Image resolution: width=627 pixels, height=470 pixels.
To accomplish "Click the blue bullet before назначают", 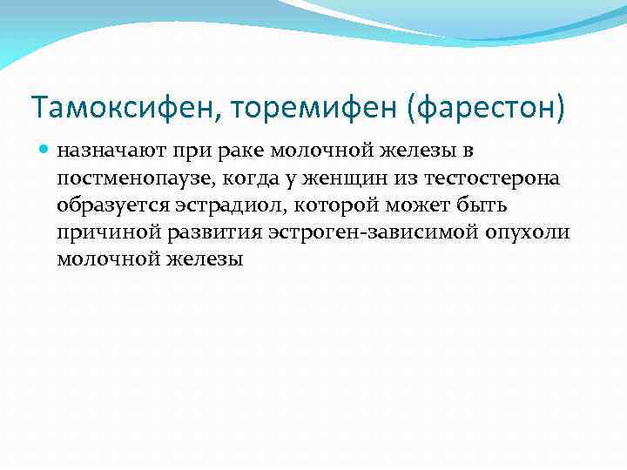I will (x=44, y=151).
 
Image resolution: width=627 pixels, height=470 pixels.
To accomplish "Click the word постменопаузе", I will (x=124, y=178).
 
